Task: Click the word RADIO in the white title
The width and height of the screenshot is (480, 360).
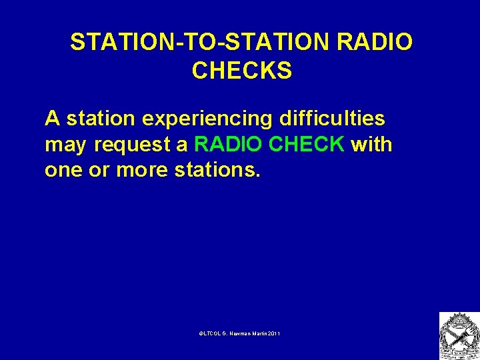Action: [x=375, y=42]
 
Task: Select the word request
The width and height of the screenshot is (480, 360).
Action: [x=127, y=145]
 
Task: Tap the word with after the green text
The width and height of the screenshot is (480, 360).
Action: [x=371, y=144]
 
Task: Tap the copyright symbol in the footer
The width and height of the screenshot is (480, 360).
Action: [x=201, y=332]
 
